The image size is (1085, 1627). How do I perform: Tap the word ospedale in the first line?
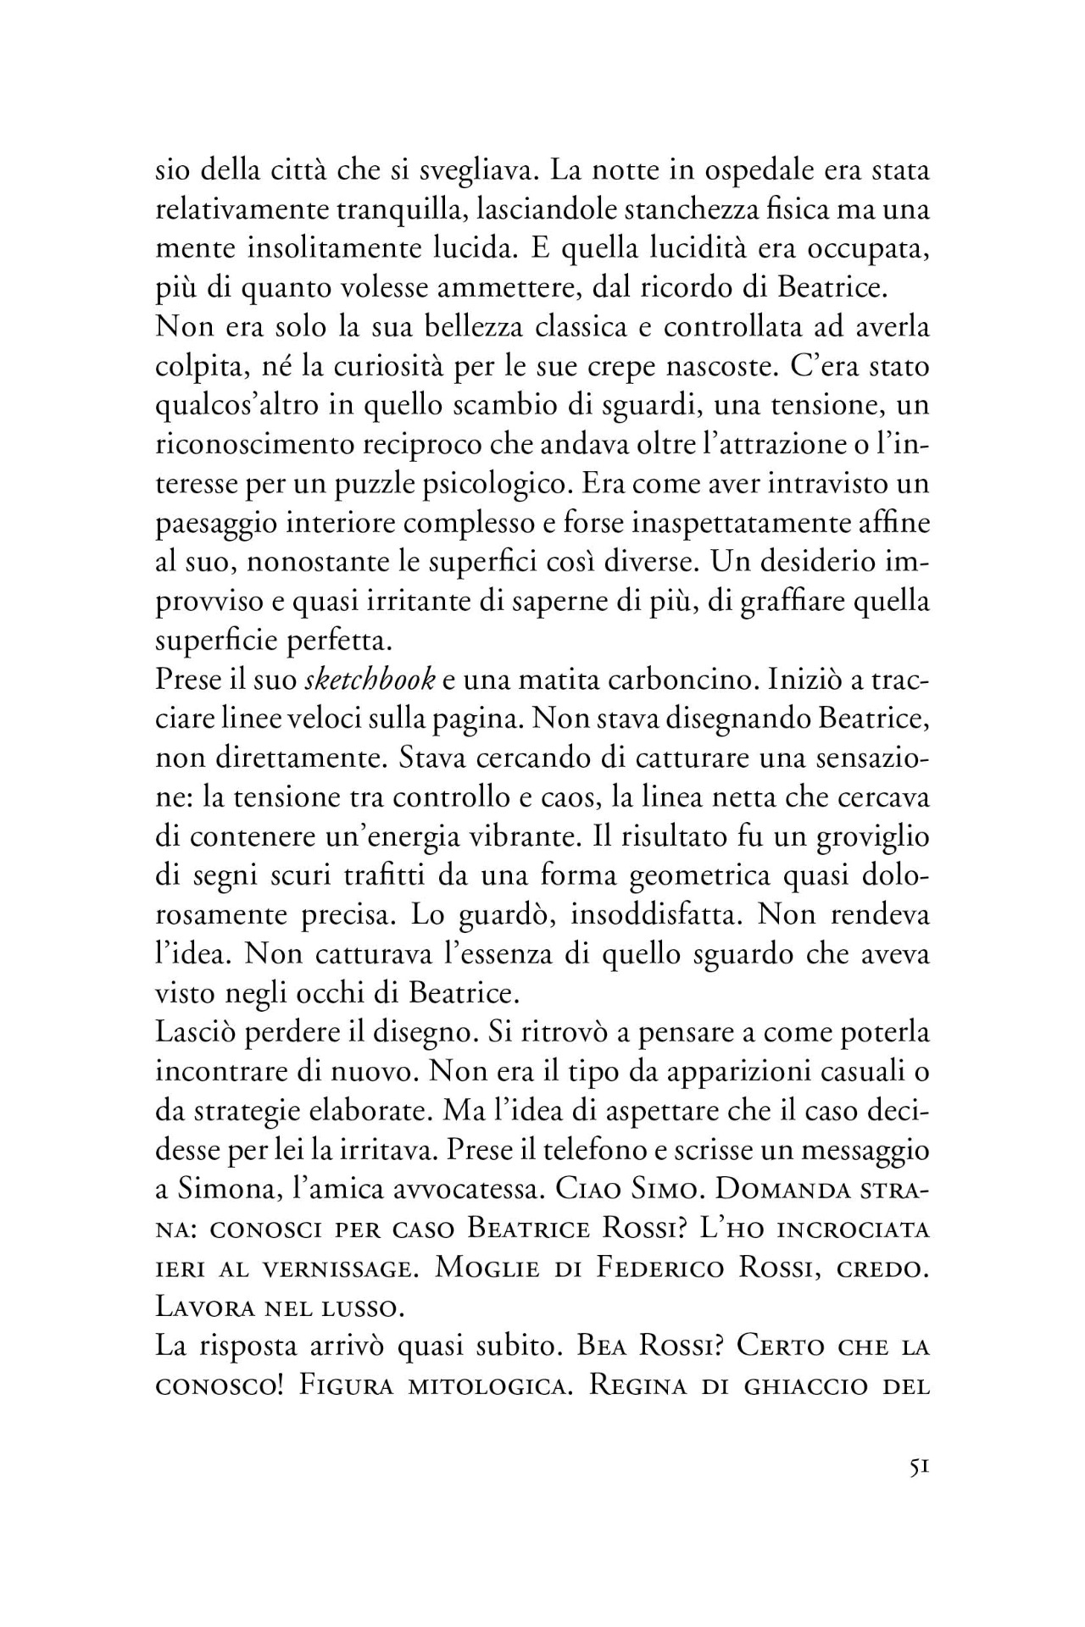757,171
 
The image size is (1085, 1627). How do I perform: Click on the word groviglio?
872,838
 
